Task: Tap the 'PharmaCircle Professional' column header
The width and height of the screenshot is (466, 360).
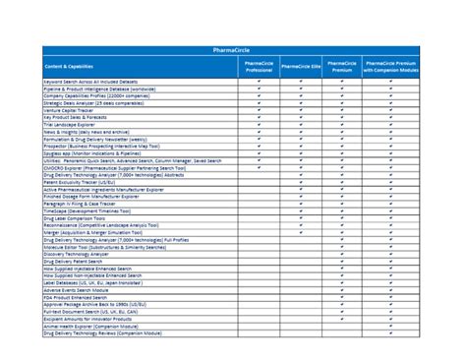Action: pyautogui.click(x=259, y=65)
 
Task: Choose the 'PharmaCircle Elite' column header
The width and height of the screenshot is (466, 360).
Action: pyautogui.click(x=301, y=65)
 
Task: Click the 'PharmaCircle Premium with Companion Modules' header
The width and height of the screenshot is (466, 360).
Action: pyautogui.click(x=391, y=65)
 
